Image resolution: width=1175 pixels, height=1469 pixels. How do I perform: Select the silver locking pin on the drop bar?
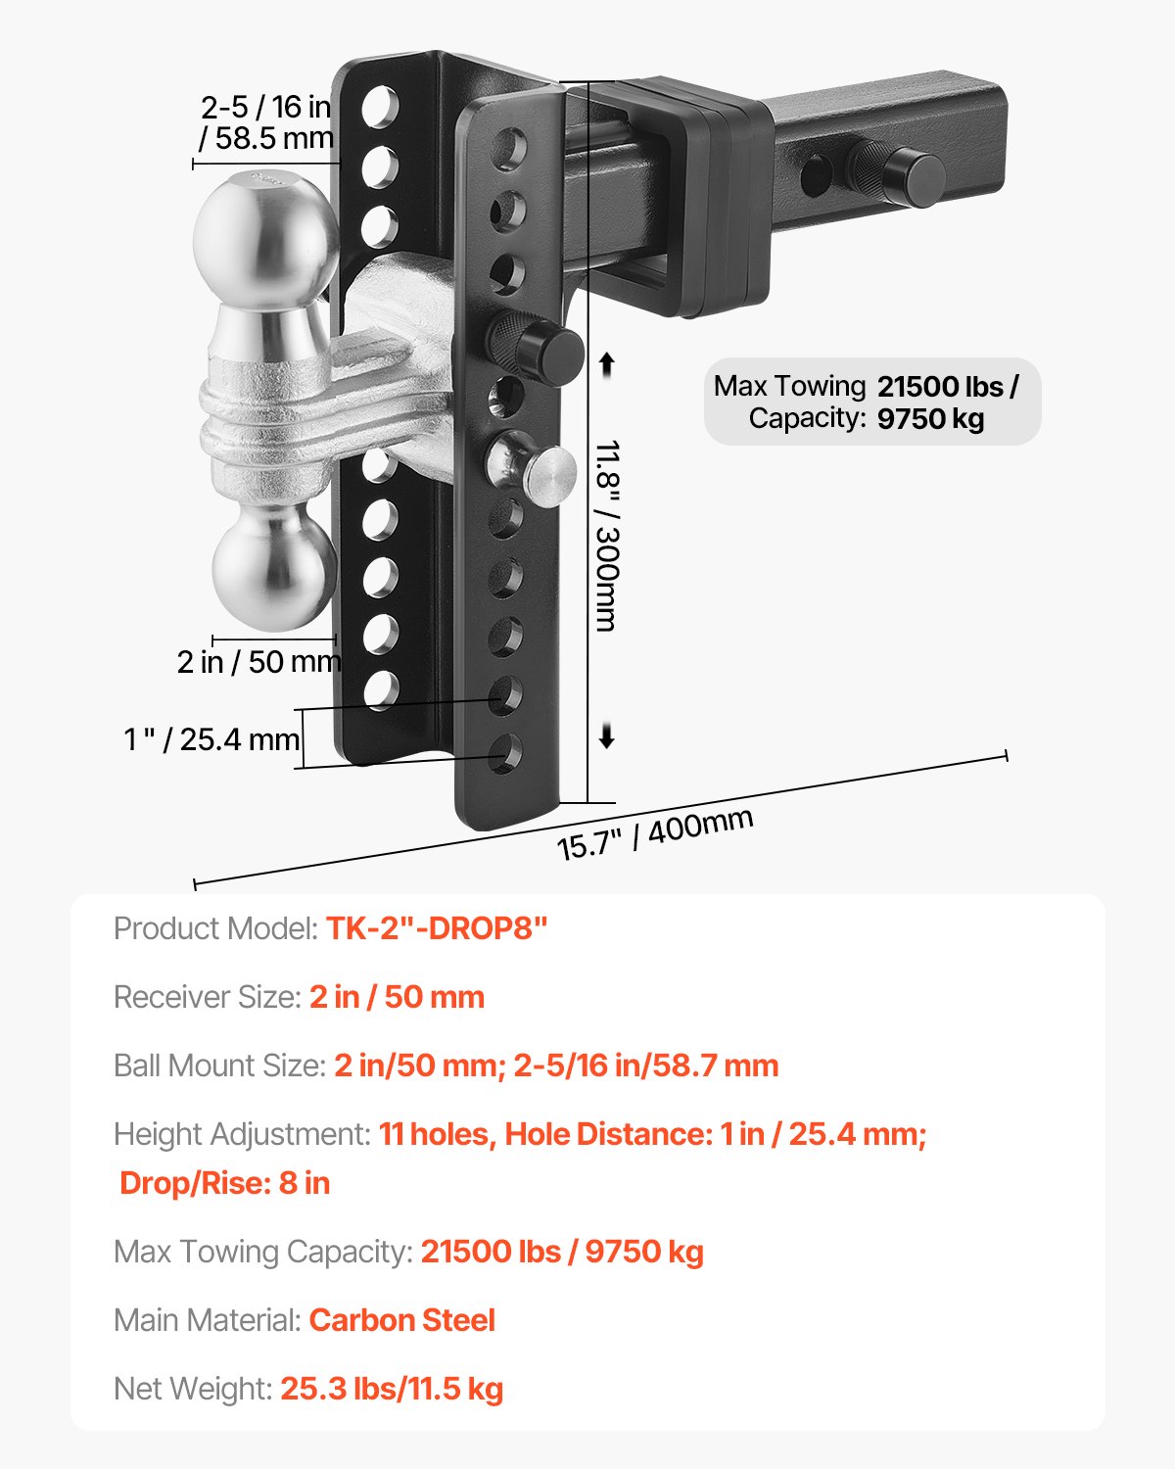(x=536, y=468)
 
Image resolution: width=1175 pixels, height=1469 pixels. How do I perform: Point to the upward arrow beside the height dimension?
(x=607, y=364)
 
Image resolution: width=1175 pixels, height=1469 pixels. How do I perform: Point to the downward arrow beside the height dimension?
(x=607, y=736)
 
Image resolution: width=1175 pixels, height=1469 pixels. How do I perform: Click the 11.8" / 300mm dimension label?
(x=608, y=536)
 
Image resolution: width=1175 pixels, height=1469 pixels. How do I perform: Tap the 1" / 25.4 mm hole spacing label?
(x=211, y=739)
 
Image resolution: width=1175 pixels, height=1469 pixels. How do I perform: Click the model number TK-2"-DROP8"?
(x=437, y=928)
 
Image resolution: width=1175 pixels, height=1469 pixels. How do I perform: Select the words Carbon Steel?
(x=402, y=1320)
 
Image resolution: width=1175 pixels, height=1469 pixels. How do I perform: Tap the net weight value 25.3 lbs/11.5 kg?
(x=392, y=1389)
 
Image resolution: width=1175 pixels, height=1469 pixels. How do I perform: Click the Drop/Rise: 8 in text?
(x=224, y=1183)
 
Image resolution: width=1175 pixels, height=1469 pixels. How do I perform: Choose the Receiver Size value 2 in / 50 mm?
(x=397, y=997)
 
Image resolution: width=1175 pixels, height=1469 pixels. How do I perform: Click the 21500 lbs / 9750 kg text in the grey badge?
(x=946, y=403)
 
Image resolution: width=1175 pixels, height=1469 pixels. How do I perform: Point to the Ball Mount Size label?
(x=219, y=1066)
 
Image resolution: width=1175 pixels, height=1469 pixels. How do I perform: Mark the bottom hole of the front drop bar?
(x=506, y=752)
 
